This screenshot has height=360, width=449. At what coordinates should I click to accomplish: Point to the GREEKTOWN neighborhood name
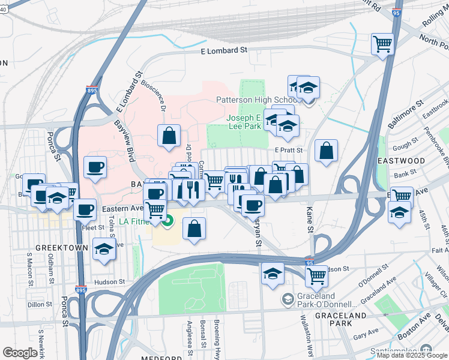pos(58,247)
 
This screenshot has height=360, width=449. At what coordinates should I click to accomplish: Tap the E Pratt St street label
pos(289,150)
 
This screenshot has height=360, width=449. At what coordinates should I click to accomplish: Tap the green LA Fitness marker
pos(167,222)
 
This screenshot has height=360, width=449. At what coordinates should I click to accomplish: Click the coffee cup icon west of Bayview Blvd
pos(95,167)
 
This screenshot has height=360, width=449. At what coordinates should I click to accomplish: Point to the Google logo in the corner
pos(20,352)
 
